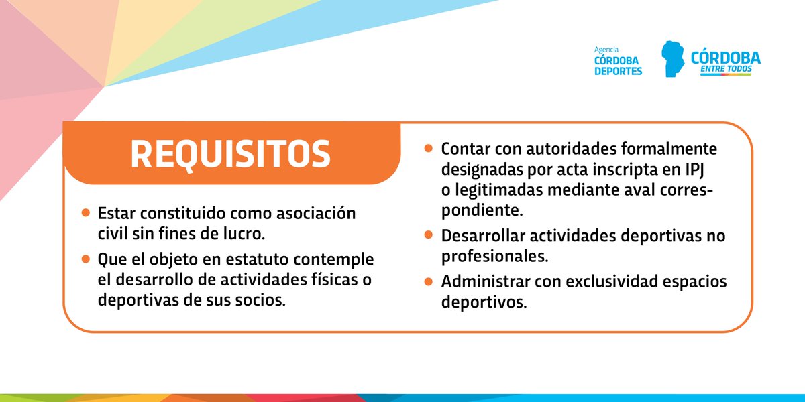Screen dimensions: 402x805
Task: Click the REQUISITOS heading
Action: tap(230, 154)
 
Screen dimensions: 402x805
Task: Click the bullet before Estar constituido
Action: tap(85, 213)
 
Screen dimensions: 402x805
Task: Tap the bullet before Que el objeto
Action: tap(85, 258)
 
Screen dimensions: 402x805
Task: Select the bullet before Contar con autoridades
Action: tap(428, 147)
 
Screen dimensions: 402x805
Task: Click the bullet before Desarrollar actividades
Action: tap(428, 235)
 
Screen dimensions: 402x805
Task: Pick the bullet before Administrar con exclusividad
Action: tap(428, 281)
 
